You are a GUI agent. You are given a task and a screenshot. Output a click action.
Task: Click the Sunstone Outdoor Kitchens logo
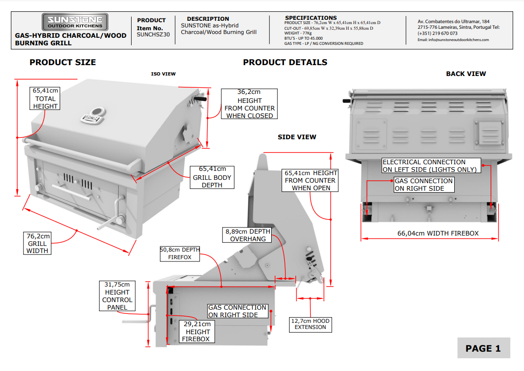coord(75,22)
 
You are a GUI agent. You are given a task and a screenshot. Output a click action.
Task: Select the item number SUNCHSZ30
coord(153,34)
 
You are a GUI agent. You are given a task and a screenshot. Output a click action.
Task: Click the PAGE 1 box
coord(483,348)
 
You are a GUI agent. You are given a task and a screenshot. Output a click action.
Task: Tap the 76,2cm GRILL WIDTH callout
coord(37,243)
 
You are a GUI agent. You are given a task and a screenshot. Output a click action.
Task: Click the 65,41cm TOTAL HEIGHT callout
coord(45,98)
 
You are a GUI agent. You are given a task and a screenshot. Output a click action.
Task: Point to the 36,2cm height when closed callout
coord(250,104)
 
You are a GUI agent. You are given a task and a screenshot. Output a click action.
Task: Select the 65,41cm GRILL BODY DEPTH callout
coord(212,177)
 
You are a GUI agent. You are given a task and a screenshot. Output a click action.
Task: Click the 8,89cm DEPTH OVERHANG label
coord(248,235)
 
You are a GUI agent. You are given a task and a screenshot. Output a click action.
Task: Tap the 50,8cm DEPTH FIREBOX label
coord(180,253)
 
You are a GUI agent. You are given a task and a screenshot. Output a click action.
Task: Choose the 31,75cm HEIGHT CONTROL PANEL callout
coord(117,296)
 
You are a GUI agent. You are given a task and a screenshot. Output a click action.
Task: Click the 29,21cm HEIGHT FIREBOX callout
coord(197,331)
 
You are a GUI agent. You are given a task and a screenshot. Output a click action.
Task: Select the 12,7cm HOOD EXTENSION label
coord(310,324)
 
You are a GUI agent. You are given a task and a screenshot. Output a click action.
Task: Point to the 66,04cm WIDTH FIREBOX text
coord(438,233)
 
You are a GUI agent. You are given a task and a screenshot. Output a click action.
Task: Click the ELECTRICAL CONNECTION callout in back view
coord(431,166)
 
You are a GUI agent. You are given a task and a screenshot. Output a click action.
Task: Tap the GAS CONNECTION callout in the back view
coord(424,185)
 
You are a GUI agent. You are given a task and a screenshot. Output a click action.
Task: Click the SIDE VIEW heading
coord(297,137)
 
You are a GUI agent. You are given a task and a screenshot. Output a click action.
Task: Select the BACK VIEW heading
coord(466,74)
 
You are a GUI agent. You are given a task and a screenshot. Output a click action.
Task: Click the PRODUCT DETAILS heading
coord(285,62)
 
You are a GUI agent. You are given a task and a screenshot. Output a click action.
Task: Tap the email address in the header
coord(453,40)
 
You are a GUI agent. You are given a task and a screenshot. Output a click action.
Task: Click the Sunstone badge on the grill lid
coord(93,116)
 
